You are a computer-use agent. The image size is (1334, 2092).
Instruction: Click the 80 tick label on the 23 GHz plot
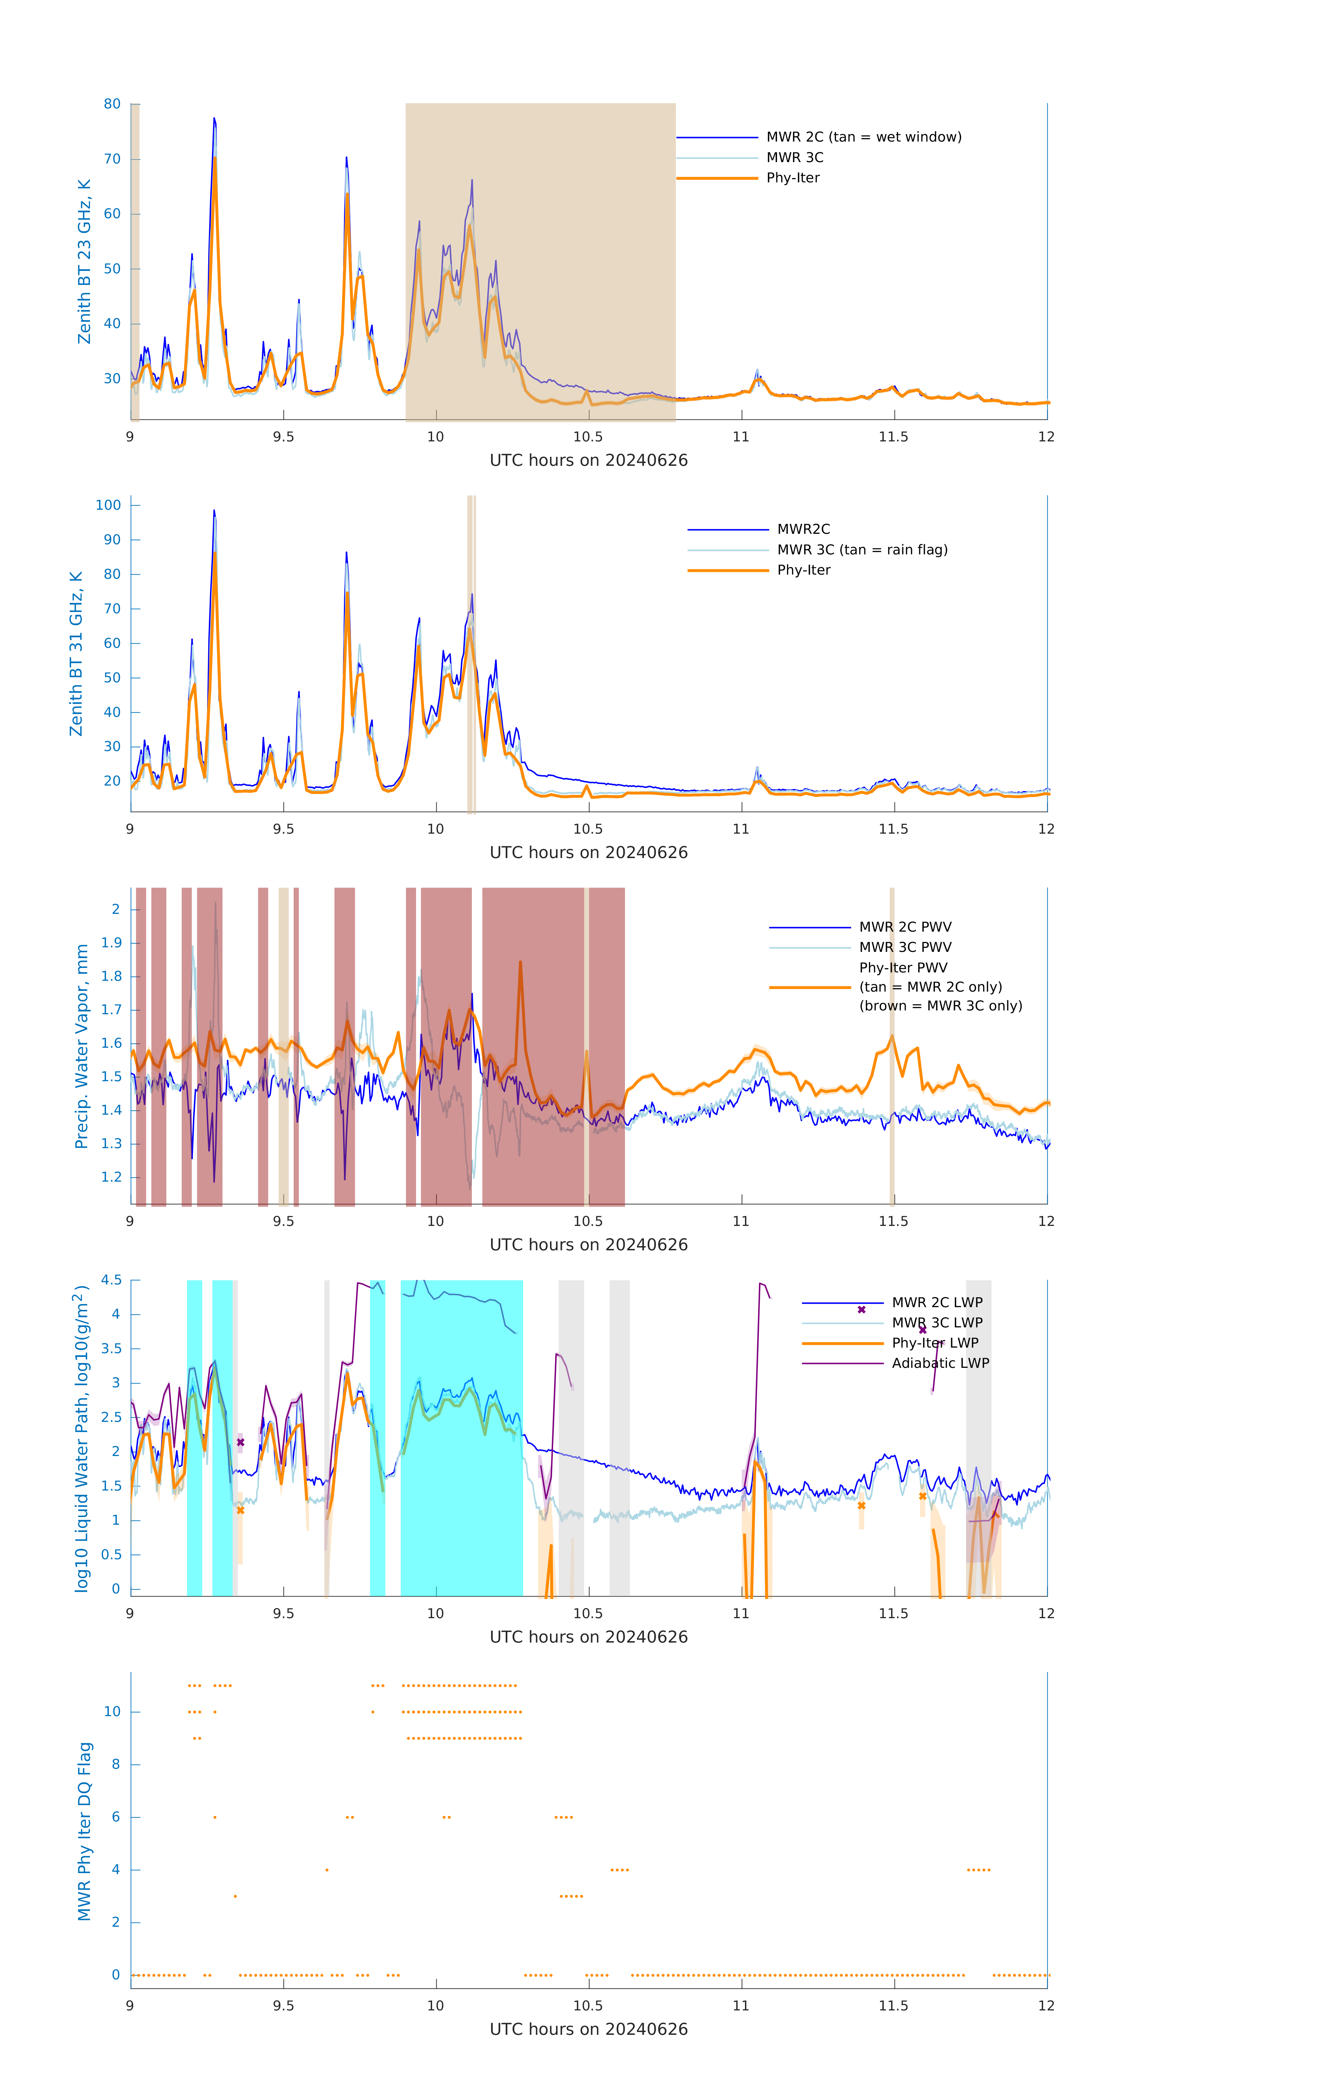coord(112,104)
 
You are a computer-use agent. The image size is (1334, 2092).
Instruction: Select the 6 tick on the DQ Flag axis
coord(115,1818)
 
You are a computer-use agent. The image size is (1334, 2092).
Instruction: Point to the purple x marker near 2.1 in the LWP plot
coord(241,1442)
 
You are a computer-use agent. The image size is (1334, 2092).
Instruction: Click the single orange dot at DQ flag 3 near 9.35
coord(235,1896)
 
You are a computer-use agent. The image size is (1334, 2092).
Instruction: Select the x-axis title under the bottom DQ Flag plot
coord(588,2030)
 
